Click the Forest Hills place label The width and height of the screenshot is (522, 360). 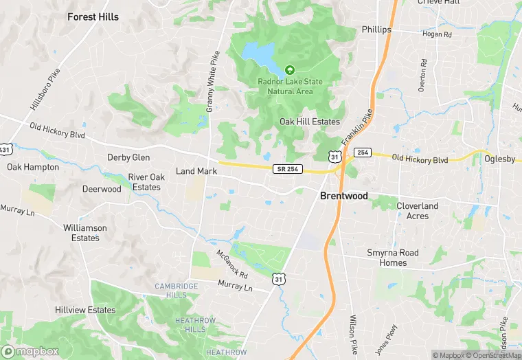(x=93, y=16)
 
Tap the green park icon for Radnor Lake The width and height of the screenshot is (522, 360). (x=290, y=70)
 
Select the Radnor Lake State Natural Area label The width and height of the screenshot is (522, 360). (x=290, y=86)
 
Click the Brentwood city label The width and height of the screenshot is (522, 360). (x=343, y=196)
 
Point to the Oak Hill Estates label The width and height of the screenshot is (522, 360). (x=309, y=122)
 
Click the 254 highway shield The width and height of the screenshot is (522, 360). (x=363, y=152)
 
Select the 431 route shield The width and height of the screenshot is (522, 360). (x=4, y=149)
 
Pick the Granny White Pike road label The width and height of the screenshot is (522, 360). (x=212, y=76)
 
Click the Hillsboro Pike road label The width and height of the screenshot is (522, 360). (x=46, y=89)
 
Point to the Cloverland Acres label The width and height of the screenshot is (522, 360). (x=417, y=211)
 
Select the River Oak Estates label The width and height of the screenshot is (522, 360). (x=145, y=182)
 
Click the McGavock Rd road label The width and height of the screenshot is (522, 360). (x=232, y=262)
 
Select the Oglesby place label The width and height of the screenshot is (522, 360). (x=499, y=159)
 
